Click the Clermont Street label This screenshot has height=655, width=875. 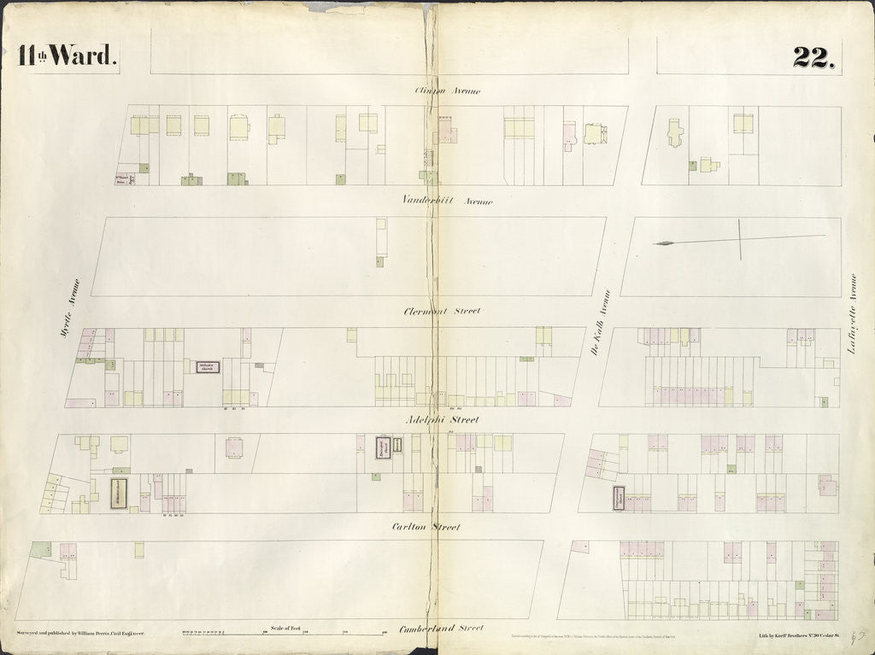coord(442,312)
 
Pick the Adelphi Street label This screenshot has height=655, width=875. coord(442,419)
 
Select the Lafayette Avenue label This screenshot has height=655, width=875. coord(852,313)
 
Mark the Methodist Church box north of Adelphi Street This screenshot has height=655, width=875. coord(208,367)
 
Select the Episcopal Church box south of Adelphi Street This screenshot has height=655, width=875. coord(384,448)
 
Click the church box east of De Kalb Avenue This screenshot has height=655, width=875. coord(618,498)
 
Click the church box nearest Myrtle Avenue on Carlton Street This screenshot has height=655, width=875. coord(118,494)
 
